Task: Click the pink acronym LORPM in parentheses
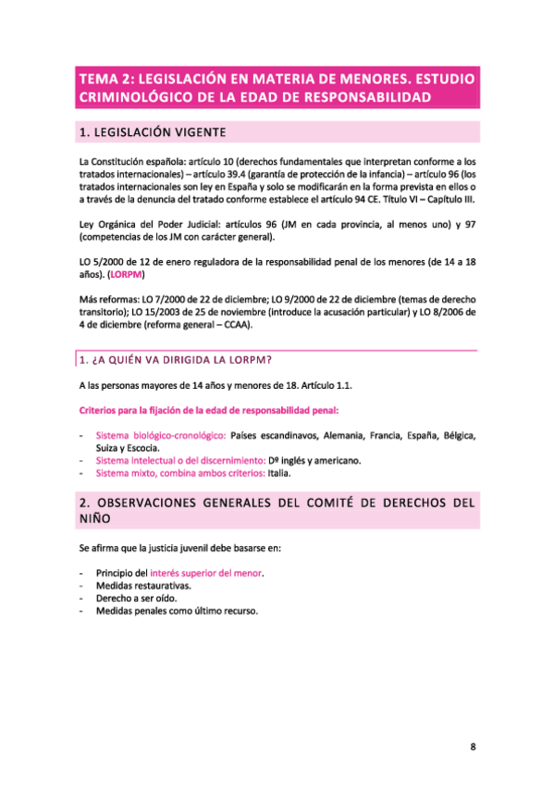[x=127, y=275]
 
